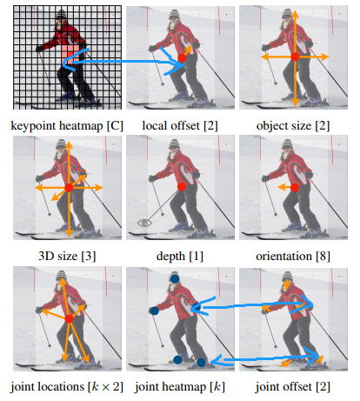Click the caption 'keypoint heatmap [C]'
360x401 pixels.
tap(67, 126)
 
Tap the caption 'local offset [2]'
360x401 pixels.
tap(180, 126)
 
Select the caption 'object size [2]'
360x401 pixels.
tap(293, 126)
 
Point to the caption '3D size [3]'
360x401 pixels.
tap(67, 257)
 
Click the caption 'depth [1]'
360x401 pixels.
tap(180, 257)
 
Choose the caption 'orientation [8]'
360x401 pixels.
tap(293, 257)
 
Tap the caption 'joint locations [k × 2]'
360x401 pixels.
tap(67, 387)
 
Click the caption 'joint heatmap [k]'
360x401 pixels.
tap(180, 387)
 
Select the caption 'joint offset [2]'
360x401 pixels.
tap(293, 387)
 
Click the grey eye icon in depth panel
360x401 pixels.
tap(144, 223)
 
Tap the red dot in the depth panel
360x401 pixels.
tap(182, 187)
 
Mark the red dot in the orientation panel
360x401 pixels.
tap(295, 188)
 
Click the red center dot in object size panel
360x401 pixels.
tap(295, 57)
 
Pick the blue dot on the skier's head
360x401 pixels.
tap(175, 279)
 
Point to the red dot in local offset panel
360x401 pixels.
tap(182, 58)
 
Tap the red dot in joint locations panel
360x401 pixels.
tap(69, 319)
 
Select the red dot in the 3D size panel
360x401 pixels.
tap(69, 188)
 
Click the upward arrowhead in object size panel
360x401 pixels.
tap(295, 14)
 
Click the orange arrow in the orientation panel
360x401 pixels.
tap(284, 188)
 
